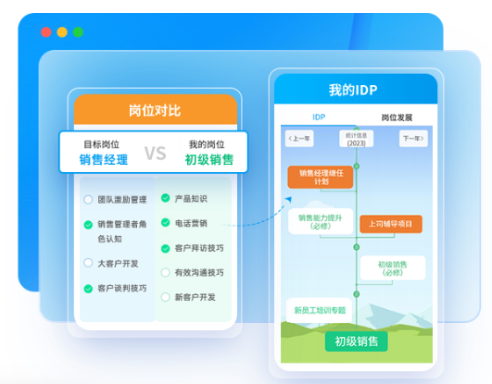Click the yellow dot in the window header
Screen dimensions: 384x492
click(62, 31)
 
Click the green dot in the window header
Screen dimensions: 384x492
click(78, 31)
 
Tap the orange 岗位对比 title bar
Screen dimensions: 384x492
click(155, 110)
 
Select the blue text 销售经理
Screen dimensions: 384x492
click(104, 160)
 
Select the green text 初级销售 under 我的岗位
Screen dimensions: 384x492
click(208, 160)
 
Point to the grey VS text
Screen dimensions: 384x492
click(155, 153)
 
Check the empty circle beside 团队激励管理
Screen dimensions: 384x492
click(88, 199)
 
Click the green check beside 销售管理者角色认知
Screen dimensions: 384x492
click(88, 224)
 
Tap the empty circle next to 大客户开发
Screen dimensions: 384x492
click(88, 263)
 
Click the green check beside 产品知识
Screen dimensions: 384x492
click(165, 198)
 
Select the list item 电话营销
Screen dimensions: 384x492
click(191, 223)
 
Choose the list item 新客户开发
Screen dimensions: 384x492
click(195, 297)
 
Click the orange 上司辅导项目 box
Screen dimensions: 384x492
click(390, 223)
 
